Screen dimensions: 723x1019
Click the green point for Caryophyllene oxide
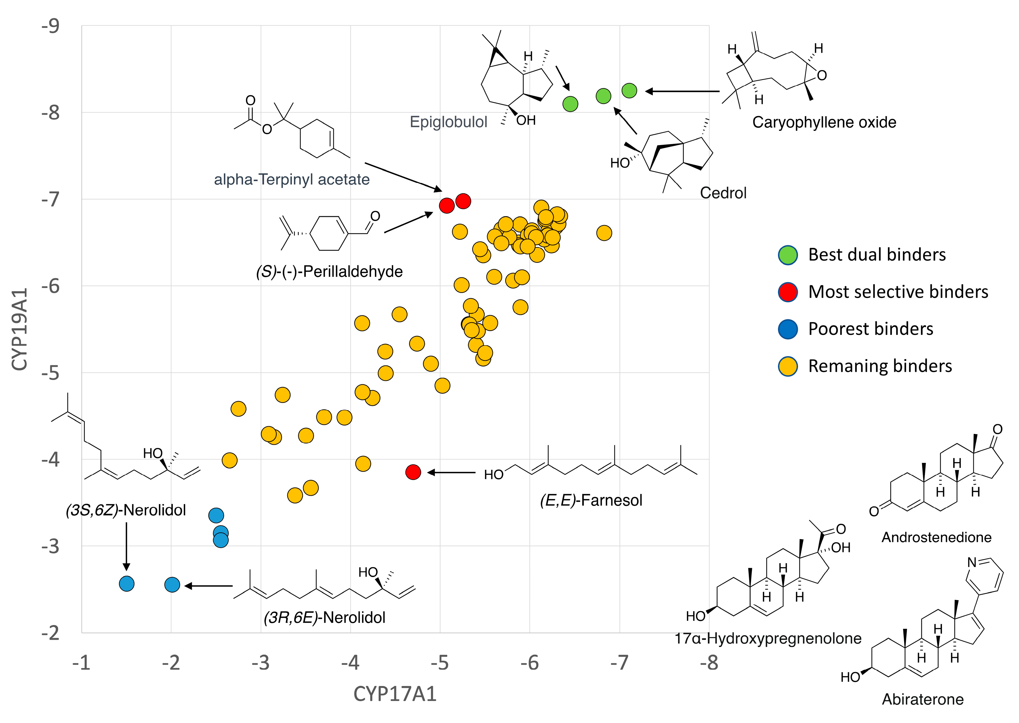coord(629,91)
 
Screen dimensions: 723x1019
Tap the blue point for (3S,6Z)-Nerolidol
coord(127,584)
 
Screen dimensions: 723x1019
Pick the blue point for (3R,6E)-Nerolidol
coord(172,584)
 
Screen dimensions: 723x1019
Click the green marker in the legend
coord(788,255)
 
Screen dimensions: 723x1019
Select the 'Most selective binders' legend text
coord(898,292)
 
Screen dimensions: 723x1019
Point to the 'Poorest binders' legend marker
coord(788,329)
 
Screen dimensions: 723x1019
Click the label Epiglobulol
coord(448,122)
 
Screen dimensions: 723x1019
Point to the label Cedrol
coord(723,193)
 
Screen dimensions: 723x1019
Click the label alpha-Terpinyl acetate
coord(292,179)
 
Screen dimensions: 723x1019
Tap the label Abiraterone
coord(923,699)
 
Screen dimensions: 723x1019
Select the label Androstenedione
coord(936,537)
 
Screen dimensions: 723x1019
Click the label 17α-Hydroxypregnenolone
coord(768,638)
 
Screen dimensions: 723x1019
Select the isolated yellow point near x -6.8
coord(604,233)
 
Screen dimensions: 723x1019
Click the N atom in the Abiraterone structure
coord(972,562)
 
